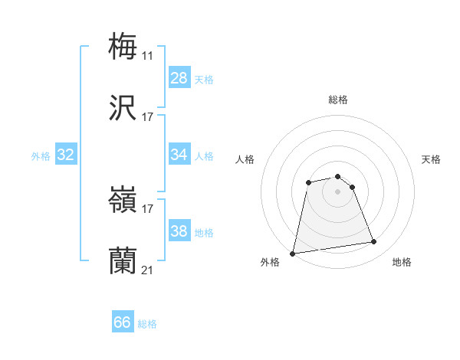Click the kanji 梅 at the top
coord(123,45)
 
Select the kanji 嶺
coord(123,200)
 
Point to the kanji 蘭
coord(123,261)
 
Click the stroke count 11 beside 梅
coord(147,55)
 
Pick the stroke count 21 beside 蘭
coord(147,270)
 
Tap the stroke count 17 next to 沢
coord(147,116)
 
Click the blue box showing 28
coord(179,78)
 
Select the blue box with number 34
coord(179,155)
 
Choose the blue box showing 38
coord(179,231)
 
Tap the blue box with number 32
coord(66,155)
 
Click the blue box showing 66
coord(123,322)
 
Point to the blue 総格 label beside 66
coord(147,324)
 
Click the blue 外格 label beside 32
coord(41,156)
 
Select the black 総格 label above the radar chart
coord(338,100)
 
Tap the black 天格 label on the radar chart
coord(432,159)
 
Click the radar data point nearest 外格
coord(293,253)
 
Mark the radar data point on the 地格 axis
coord(374,242)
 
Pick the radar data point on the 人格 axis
coord(308,182)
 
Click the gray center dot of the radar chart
coord(338,191)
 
